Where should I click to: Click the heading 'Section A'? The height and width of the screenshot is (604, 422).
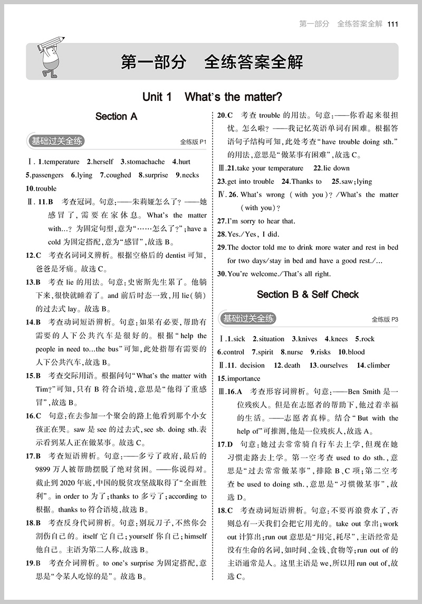[x=116, y=116]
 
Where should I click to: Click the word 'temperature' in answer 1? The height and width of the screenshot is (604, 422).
[x=62, y=162]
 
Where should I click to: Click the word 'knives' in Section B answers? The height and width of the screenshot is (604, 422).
[x=308, y=339]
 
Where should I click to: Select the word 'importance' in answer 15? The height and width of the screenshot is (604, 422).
[x=243, y=378]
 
